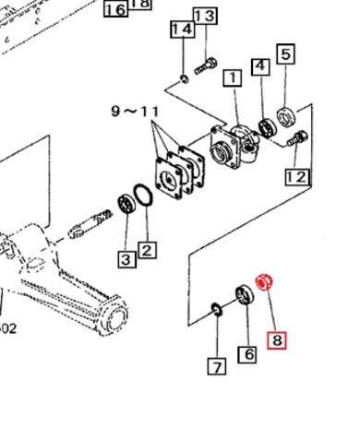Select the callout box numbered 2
(148, 249)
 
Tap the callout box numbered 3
(125, 259)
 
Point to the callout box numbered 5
(287, 54)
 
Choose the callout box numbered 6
(247, 353)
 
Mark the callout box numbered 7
(216, 366)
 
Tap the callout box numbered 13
(205, 17)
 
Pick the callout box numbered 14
(183, 30)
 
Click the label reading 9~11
(134, 111)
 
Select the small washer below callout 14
(185, 77)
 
